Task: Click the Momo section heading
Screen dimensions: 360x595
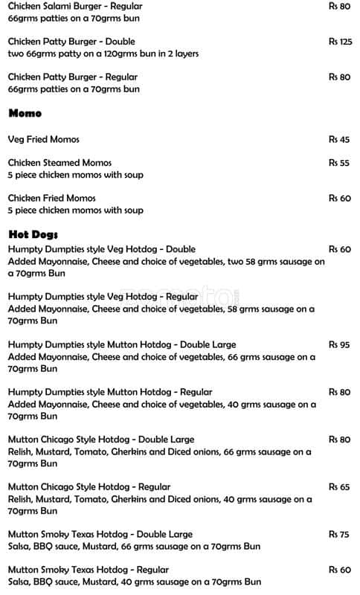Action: pos(25,113)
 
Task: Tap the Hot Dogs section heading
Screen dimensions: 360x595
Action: pos(28,234)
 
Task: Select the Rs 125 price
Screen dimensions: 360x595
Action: pos(340,42)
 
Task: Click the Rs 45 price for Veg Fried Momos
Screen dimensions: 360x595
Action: pos(339,139)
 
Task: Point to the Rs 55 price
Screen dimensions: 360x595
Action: pos(339,163)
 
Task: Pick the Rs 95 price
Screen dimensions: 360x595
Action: pos(339,344)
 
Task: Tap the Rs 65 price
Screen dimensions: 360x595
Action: pos(339,486)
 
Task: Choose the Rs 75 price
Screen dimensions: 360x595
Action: pos(339,534)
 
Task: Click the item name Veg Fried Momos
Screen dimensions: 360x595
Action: pos(43,139)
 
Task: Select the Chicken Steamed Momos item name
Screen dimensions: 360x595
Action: pos(60,163)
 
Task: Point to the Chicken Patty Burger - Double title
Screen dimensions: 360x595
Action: pos(71,42)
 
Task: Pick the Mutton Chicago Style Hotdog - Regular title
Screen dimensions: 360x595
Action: pos(89,486)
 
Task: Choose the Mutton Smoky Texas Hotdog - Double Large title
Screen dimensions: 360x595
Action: pos(100,534)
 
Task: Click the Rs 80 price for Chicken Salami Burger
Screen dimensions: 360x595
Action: pos(339,6)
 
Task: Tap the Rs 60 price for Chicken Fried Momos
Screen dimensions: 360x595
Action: pos(339,198)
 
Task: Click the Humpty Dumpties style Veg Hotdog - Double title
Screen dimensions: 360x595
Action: pos(102,249)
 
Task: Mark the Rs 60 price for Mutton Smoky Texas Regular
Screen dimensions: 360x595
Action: pos(339,570)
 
